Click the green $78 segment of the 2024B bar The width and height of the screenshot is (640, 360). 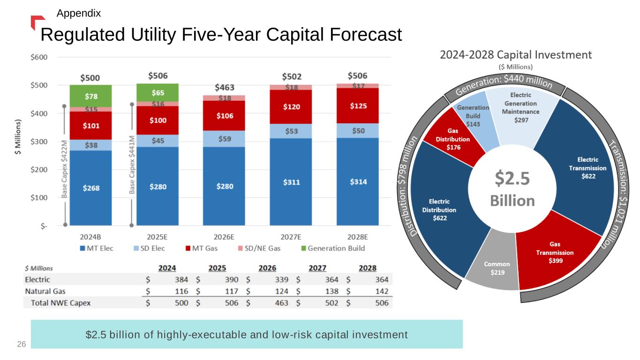pyautogui.click(x=91, y=96)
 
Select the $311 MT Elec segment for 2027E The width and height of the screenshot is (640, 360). pyautogui.click(x=291, y=181)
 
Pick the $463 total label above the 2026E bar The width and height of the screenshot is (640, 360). pyautogui.click(x=225, y=88)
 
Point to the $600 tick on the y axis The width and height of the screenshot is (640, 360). pyautogui.click(x=39, y=57)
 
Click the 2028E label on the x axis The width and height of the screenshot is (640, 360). pyautogui.click(x=357, y=237)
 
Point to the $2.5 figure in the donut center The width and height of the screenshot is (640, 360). pyautogui.click(x=512, y=179)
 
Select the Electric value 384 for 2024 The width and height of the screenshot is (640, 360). pyautogui.click(x=181, y=280)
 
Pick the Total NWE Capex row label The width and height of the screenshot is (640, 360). pyautogui.click(x=60, y=303)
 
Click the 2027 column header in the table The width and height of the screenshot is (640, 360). pyautogui.click(x=317, y=268)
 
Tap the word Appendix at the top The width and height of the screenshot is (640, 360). pyautogui.click(x=79, y=14)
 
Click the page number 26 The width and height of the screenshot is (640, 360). pyautogui.click(x=21, y=345)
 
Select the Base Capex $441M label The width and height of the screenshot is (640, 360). pyautogui.click(x=132, y=164)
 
